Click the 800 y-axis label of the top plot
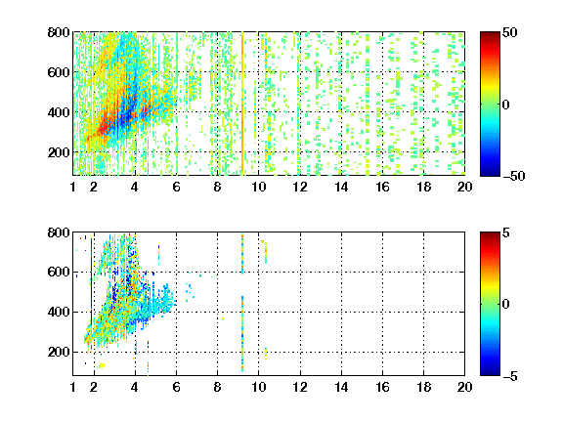[x=59, y=32]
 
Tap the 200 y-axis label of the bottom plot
[x=59, y=352]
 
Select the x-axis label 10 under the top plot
[x=258, y=187]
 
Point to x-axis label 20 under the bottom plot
[x=464, y=387]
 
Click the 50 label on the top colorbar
[x=509, y=32]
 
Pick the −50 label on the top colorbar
[x=513, y=176]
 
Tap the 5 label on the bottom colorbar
[x=506, y=232]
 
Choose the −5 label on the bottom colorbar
[x=510, y=376]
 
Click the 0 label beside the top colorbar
[x=506, y=105]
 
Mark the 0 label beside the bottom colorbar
[x=506, y=305]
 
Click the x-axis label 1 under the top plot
[x=73, y=187]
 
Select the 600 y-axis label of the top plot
[x=59, y=72]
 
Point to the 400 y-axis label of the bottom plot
[x=59, y=312]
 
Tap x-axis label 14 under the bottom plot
[x=341, y=387]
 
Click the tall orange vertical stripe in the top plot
[x=242, y=104]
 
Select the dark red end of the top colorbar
[x=490, y=35]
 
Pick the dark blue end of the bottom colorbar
[x=490, y=372]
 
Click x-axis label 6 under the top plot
[x=176, y=187]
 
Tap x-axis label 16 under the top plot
[x=382, y=187]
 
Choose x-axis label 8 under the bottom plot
[x=217, y=387]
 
